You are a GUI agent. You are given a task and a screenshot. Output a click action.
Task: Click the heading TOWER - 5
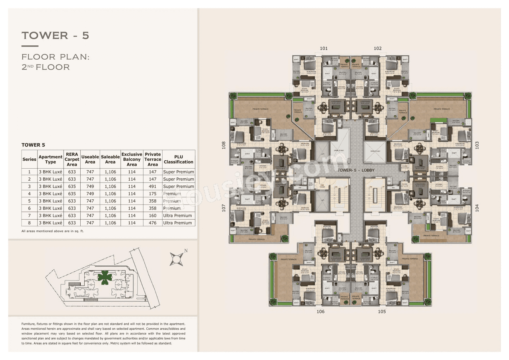pos(55,35)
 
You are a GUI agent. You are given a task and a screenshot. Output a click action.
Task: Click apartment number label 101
pos(324,49)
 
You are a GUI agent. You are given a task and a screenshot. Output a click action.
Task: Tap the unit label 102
pos(377,49)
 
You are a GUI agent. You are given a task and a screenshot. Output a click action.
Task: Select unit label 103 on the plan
pos(477,145)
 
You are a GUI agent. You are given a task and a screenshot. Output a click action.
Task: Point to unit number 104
pos(477,208)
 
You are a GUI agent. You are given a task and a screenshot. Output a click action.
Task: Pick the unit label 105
pos(382,311)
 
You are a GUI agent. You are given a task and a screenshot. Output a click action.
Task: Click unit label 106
pos(321,311)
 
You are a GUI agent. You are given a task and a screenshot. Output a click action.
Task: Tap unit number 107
pos(224,208)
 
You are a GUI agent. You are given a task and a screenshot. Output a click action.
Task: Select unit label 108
pos(224,145)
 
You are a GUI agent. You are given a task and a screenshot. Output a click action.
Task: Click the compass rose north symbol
pos(176,259)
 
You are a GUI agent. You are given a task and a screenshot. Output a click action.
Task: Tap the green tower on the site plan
pos(105,277)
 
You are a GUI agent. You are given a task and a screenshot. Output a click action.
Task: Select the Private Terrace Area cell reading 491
pos(153,187)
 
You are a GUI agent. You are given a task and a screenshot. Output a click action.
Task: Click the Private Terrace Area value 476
pos(153,223)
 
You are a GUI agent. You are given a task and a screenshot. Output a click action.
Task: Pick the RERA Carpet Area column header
pos(72,159)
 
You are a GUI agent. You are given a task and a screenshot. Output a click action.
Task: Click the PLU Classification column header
pos(179,159)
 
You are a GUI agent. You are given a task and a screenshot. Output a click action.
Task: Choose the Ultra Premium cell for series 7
pos(179,216)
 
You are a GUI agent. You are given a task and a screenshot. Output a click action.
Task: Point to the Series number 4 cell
pos(29,194)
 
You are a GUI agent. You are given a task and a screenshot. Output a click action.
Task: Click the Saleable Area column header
pos(110,159)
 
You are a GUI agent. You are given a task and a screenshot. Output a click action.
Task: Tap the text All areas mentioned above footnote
pos(52,231)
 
